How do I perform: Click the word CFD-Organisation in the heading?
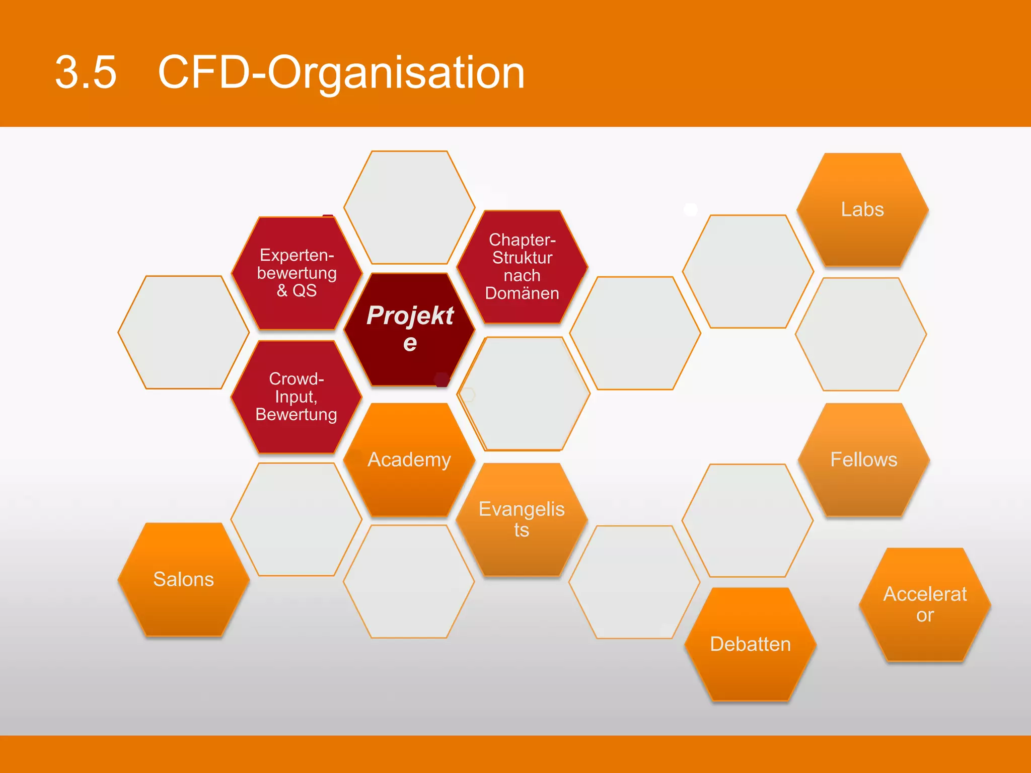tap(341, 73)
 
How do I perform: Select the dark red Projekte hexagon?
tap(409, 330)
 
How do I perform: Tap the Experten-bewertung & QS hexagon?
tap(297, 273)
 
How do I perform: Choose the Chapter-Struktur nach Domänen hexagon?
tap(522, 267)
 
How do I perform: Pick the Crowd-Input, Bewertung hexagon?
tap(297, 397)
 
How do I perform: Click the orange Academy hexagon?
tap(409, 459)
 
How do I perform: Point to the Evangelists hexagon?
tap(522, 519)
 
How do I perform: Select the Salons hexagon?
tap(184, 579)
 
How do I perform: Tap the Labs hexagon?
tap(862, 209)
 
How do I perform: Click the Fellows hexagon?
tap(863, 459)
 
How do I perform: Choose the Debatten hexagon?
tap(750, 644)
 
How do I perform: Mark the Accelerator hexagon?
tap(925, 604)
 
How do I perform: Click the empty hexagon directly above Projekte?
tap(409, 207)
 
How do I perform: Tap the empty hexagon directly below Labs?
tap(861, 334)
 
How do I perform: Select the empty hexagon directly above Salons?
tap(184, 332)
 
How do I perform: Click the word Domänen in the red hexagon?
tap(522, 293)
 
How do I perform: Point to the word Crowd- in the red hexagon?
tap(297, 378)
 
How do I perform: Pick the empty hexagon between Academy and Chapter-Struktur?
tap(524, 394)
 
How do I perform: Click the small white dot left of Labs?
tap(691, 209)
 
